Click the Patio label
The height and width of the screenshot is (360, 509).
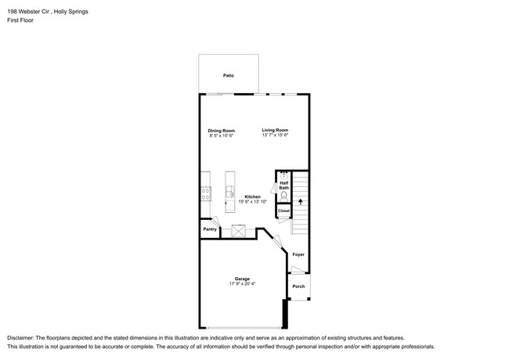click(228, 76)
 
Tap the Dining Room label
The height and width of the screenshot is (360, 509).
click(221, 130)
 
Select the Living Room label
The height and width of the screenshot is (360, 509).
click(275, 130)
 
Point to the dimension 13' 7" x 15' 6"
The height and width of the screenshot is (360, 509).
click(275, 135)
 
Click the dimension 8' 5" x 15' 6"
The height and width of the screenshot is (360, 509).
click(221, 135)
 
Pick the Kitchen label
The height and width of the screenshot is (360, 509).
click(252, 196)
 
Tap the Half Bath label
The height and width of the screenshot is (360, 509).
click(283, 185)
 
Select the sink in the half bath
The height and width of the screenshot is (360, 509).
click(283, 175)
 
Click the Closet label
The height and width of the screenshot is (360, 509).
click(283, 211)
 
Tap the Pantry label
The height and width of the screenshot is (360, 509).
click(210, 229)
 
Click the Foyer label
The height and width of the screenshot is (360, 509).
click(298, 254)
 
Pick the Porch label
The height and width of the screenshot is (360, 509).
click(298, 286)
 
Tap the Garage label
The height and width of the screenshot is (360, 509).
click(242, 279)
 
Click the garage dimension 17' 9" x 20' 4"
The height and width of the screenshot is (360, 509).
click(242, 284)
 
